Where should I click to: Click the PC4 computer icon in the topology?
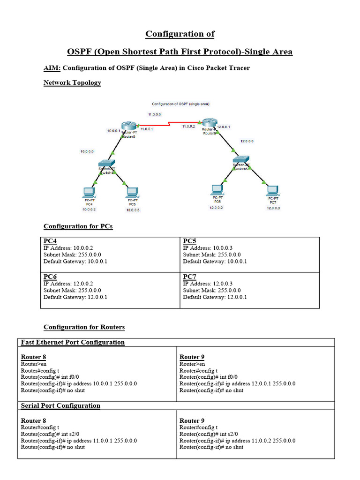pos(88,192)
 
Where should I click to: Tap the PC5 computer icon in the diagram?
pos(132,192)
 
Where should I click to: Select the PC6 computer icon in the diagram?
pos(217,189)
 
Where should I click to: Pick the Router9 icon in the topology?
pos(208,123)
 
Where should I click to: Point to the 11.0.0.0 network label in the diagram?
pos(154,114)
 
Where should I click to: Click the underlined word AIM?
pos(52,68)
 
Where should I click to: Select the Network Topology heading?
pos(72,82)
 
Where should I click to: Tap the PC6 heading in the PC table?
pos(50,277)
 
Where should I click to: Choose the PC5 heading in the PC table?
pos(189,241)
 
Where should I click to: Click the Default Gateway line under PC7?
pos(215,297)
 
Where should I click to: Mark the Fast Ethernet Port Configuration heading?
pos(73,342)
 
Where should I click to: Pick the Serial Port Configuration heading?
pos(60,405)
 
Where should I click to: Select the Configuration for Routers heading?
pos(84,327)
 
